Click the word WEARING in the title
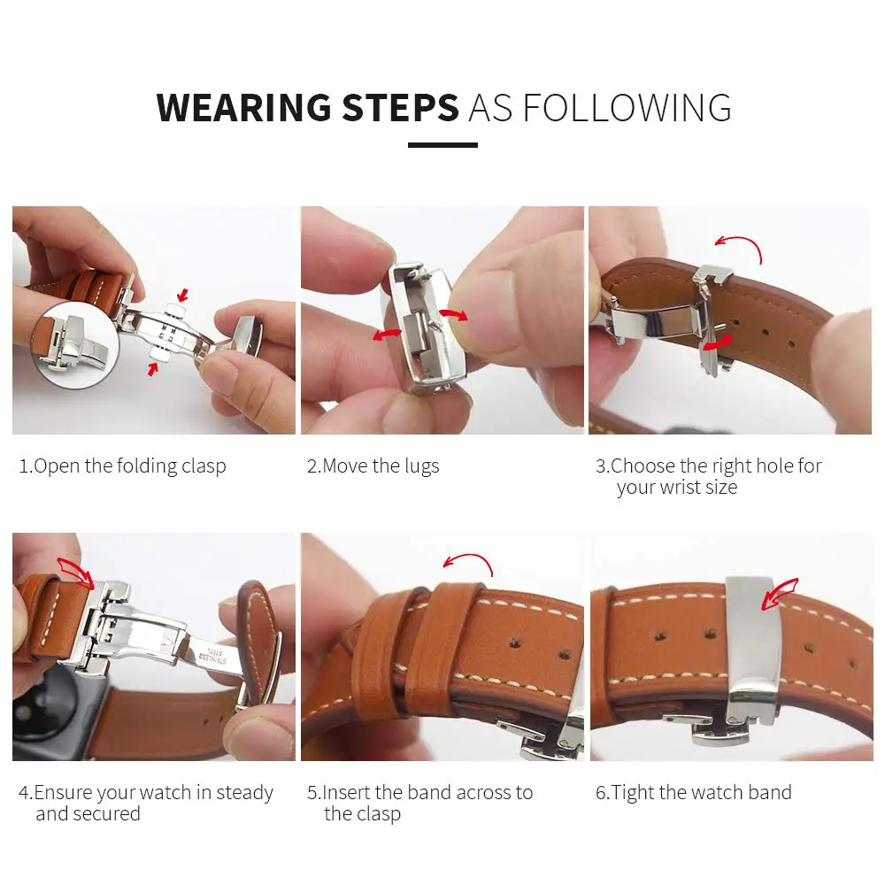(243, 107)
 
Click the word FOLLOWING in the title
(627, 107)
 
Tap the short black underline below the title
(442, 145)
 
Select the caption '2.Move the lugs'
(373, 466)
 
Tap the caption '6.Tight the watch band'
(693, 792)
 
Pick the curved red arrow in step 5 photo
(468, 561)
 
